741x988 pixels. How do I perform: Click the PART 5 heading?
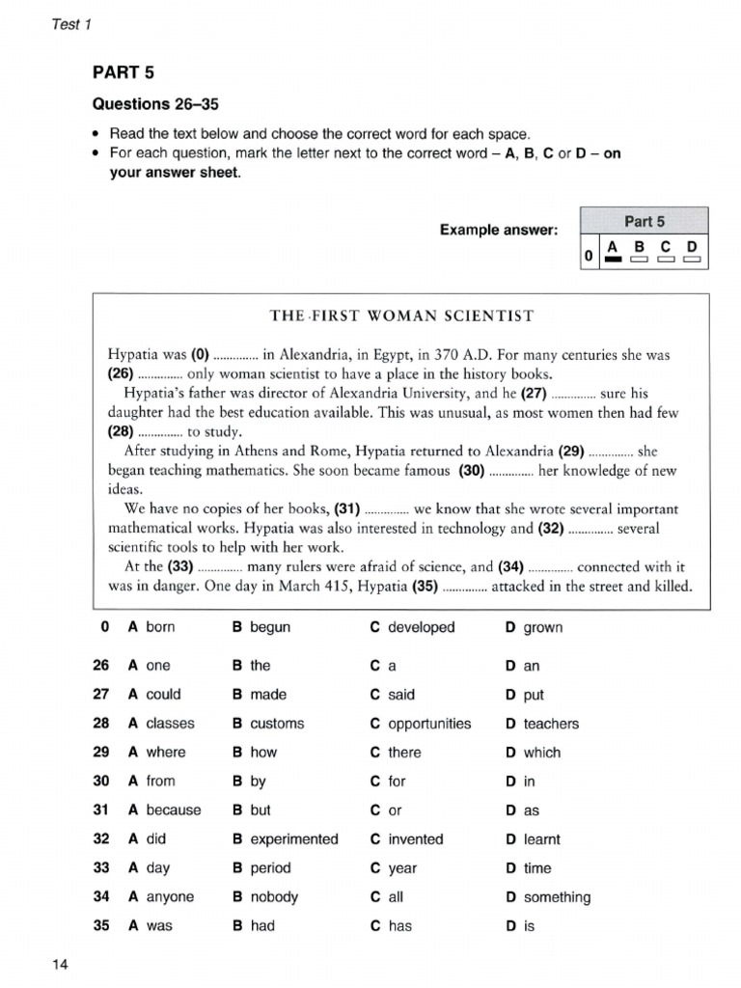(123, 72)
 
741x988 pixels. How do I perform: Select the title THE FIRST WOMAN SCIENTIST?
(401, 316)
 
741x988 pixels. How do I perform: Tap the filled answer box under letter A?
(611, 260)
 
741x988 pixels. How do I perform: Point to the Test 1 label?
(69, 24)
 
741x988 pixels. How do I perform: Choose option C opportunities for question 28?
(428, 724)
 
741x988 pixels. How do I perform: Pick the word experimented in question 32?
(294, 839)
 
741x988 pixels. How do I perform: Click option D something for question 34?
(556, 897)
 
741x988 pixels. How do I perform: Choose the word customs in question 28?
(277, 724)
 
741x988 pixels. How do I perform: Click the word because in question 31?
(174, 810)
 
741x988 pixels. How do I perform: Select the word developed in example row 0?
(421, 627)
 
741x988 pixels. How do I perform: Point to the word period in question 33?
(270, 868)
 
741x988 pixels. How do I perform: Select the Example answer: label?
(499, 230)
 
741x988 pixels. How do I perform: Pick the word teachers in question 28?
(551, 724)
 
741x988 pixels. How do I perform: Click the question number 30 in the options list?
(101, 782)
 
